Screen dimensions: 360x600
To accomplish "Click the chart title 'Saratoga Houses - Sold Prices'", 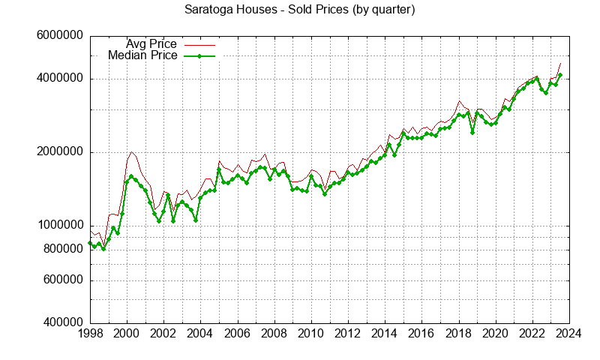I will pos(300,10).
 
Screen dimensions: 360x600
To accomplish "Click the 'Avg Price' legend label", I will pos(151,44).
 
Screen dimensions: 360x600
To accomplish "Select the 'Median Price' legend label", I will pos(142,55).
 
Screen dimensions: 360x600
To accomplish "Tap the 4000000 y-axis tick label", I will pos(58,79).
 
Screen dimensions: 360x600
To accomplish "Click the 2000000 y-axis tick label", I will pos(58,152).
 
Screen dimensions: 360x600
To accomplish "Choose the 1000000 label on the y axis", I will pos(58,226).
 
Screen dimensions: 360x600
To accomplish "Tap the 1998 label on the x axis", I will pos(90,333).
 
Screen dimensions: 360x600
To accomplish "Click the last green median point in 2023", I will pos(560,75).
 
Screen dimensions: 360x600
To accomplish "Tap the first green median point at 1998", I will pos(90,243).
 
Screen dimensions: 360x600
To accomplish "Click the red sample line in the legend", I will pos(199,44).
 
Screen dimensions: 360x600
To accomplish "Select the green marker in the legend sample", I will pos(199,55).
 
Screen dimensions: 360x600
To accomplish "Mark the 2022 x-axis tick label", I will pos(532,333).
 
